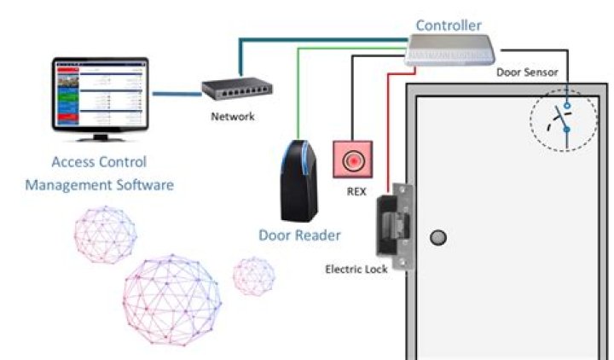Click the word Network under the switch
[232, 116]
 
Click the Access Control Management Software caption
[99, 172]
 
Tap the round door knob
[438, 236]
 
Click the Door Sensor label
[527, 73]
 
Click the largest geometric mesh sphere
[171, 294]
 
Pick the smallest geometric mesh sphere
[254, 276]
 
